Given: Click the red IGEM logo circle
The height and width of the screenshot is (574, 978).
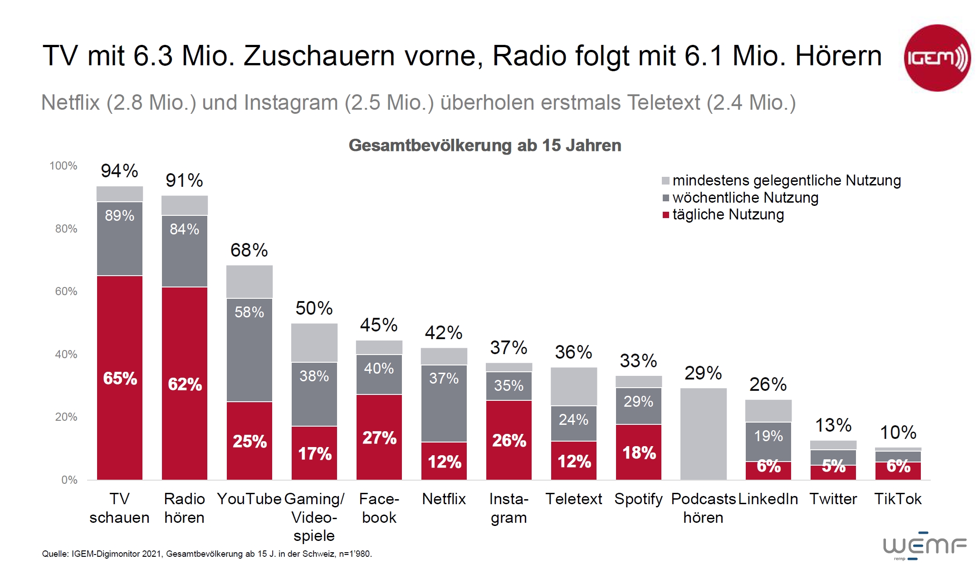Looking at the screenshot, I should pos(937,58).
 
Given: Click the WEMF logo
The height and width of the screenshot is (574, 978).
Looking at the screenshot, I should pos(924,546).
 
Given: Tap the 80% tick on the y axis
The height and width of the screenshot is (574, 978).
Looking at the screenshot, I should pos(66,229).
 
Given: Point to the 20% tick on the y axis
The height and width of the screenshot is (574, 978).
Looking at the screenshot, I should pos(66,417).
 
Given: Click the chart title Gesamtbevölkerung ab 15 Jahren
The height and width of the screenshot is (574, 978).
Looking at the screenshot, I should pos(484,146).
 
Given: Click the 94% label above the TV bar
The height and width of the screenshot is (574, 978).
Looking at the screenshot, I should pos(119,171).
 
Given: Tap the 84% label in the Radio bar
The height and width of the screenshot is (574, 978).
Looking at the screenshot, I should pos(184,229).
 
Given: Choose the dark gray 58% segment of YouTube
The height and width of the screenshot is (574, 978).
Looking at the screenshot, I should pos(249,349).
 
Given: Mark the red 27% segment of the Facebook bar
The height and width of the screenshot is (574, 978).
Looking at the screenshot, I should pos(379,437).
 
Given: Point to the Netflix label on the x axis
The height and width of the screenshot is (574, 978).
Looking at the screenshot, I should pos(444,499).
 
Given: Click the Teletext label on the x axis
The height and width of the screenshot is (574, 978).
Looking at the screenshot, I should pos(573,499).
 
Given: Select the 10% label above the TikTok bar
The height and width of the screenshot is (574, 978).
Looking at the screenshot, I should pos(898,433).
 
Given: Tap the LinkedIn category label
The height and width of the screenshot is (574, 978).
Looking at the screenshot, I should pos(768,499).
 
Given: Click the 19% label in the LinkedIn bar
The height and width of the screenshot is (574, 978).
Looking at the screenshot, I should pos(768,436).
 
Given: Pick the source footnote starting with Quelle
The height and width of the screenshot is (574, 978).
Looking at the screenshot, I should pos(207,554).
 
